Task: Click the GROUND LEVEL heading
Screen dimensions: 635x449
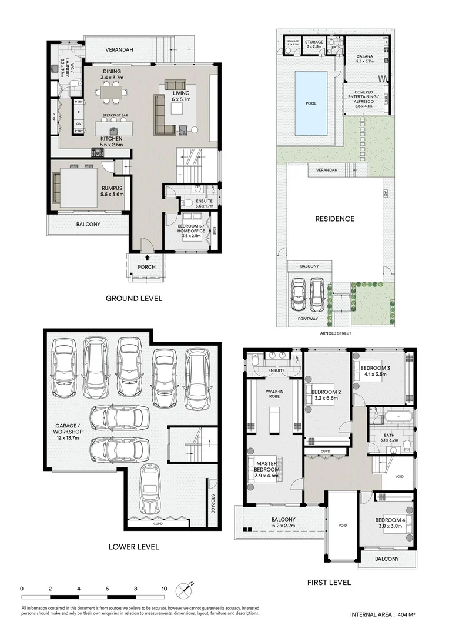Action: (x=133, y=299)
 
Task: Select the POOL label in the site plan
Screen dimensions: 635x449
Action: (x=311, y=103)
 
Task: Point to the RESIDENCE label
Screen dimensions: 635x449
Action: (x=335, y=219)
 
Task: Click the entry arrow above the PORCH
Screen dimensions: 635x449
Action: (x=146, y=257)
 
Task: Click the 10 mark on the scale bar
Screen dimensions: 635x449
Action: (x=164, y=588)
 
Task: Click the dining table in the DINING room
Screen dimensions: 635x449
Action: (x=112, y=92)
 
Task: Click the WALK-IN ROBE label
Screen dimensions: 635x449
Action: (x=272, y=393)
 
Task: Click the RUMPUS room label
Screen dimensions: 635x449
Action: (x=110, y=190)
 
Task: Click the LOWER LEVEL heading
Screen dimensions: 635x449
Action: (x=133, y=547)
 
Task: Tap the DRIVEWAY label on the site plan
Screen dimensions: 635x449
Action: (x=308, y=319)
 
